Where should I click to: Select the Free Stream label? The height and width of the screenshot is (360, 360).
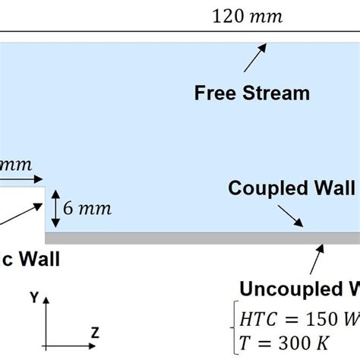pos(252,93)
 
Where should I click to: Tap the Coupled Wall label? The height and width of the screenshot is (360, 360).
pos(292,188)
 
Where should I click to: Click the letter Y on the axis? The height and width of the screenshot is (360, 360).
pos(34,298)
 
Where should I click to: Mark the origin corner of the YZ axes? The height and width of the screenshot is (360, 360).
pos(46,346)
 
